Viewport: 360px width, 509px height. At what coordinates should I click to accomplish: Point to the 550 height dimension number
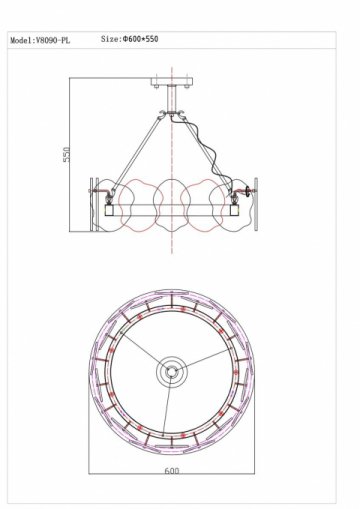[67, 158]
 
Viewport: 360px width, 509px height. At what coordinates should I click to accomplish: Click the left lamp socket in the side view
[102, 211]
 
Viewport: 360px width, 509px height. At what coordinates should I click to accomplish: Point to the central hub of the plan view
[171, 373]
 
